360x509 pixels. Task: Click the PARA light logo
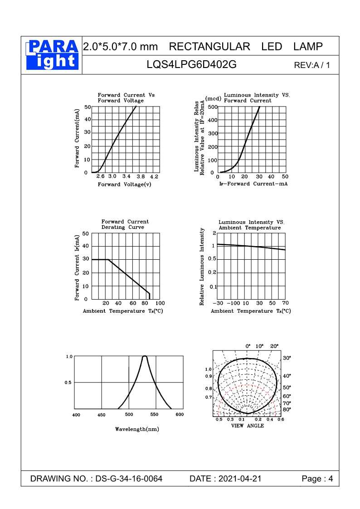tap(52, 54)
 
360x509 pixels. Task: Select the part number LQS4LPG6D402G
tap(191, 64)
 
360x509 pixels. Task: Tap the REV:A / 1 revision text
tap(312, 65)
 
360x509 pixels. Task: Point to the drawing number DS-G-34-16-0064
tap(129, 479)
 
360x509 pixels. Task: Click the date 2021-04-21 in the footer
tap(240, 479)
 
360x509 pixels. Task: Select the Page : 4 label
tap(317, 479)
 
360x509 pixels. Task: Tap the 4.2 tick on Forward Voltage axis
tap(154, 176)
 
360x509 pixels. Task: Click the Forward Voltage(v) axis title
tap(125, 184)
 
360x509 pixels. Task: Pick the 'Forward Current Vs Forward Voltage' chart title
tap(126, 97)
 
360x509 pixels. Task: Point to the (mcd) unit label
tap(213, 98)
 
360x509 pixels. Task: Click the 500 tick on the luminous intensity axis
tap(213, 107)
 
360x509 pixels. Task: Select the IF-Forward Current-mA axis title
tap(253, 184)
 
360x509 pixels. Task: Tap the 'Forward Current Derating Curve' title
tap(125, 224)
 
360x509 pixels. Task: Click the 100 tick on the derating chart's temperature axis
tap(160, 303)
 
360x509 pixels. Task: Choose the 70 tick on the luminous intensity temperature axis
tap(285, 303)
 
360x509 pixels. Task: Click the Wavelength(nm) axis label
tap(137, 429)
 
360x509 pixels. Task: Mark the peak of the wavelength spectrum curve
tap(145, 357)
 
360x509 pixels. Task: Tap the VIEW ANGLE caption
tap(248, 426)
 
